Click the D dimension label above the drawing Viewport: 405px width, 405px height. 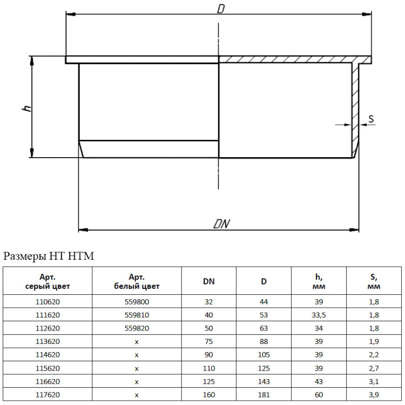221,9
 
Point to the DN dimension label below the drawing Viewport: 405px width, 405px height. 221,224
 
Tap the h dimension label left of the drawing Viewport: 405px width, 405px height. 27,108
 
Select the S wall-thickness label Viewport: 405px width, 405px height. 371,119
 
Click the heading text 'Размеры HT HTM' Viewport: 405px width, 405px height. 49,256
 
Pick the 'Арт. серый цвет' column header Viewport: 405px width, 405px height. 48,281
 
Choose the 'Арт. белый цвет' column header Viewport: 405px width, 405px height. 137,281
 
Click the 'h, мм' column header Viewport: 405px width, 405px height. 319,281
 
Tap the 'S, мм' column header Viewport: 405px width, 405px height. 374,281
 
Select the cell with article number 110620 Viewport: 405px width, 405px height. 48,302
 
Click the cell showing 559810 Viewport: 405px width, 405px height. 137,315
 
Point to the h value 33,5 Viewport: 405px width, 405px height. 319,315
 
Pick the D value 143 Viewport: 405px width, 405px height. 264,381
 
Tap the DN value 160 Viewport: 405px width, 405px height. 208,395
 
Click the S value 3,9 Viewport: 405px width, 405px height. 374,395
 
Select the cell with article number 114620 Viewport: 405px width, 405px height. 48,355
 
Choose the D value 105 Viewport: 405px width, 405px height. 264,355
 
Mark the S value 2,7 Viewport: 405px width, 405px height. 374,368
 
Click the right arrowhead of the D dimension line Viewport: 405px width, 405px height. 367,14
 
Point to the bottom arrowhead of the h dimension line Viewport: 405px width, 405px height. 32,153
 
